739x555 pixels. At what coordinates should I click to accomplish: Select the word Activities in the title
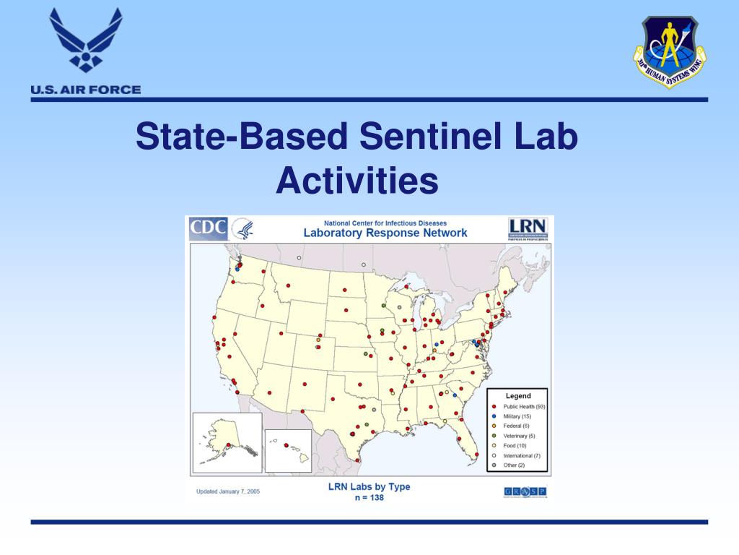point(357,180)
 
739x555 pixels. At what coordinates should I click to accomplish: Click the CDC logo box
point(209,229)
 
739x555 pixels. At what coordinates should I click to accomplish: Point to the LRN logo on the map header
point(528,228)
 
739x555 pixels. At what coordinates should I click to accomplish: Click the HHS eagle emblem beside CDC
point(242,230)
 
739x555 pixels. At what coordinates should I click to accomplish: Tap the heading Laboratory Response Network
point(385,233)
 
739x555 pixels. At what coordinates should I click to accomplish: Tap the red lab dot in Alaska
point(228,444)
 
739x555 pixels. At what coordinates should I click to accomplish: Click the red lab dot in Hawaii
point(286,445)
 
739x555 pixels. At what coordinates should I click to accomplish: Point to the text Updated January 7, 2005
point(228,492)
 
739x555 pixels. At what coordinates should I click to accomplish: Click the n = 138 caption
point(369,497)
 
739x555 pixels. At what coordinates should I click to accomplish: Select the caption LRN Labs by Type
point(369,486)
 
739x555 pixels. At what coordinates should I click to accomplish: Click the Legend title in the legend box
point(517,396)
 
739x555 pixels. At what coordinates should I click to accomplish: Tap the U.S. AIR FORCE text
point(86,90)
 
